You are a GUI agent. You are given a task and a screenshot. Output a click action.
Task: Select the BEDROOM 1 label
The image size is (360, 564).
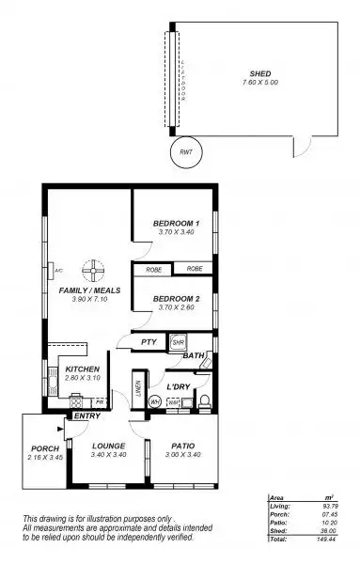177,223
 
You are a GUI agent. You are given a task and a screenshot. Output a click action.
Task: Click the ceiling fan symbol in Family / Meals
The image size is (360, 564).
91,271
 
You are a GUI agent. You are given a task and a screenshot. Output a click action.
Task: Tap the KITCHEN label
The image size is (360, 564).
83,369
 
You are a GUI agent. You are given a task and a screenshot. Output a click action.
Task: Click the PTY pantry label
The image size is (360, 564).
148,343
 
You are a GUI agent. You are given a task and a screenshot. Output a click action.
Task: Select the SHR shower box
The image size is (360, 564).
179,344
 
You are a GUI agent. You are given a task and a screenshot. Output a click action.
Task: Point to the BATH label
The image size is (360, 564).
194,356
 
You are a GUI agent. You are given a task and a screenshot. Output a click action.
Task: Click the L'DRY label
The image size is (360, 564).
180,386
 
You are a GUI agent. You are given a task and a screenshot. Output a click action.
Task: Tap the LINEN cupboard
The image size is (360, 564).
137,389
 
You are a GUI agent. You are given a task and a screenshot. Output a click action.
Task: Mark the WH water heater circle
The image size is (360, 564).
154,402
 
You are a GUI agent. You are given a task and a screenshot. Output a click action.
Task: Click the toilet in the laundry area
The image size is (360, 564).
203,402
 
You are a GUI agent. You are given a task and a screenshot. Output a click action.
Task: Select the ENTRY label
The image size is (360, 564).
86,416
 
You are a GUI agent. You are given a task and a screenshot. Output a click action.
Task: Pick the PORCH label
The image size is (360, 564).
44,447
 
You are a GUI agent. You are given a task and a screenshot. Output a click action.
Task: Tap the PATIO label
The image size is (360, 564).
182,447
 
